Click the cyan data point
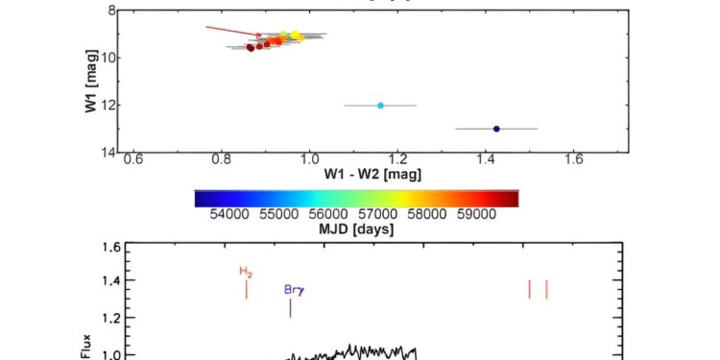click(x=380, y=106)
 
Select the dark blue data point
click(x=496, y=129)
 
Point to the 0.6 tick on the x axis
click(x=133, y=159)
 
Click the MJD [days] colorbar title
click(x=356, y=229)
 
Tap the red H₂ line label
click(x=246, y=272)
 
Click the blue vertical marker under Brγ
click(x=290, y=308)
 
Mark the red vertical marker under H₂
click(x=247, y=288)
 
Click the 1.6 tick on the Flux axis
click(x=108, y=247)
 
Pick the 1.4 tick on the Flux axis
click(x=108, y=282)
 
